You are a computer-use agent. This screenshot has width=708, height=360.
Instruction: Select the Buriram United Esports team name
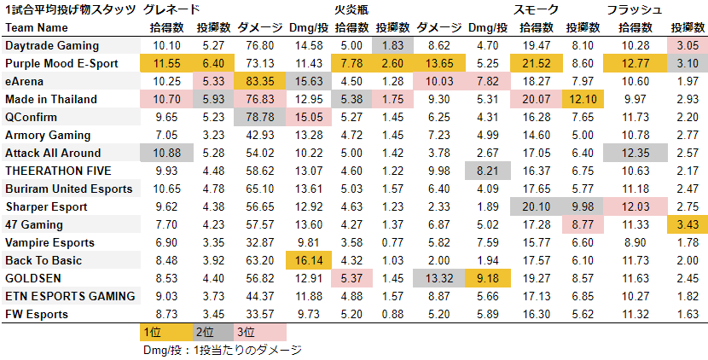tap(69, 189)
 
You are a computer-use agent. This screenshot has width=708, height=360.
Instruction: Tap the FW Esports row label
tap(38, 314)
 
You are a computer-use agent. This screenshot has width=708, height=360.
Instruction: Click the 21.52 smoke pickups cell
tap(536, 62)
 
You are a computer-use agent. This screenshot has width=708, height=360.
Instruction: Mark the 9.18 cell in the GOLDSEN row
tap(486, 278)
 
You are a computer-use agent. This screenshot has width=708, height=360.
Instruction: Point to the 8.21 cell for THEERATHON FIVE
tap(486, 171)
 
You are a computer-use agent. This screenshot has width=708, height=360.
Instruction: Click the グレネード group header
tap(172, 9)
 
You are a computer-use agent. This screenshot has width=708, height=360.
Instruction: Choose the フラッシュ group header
tap(634, 9)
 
